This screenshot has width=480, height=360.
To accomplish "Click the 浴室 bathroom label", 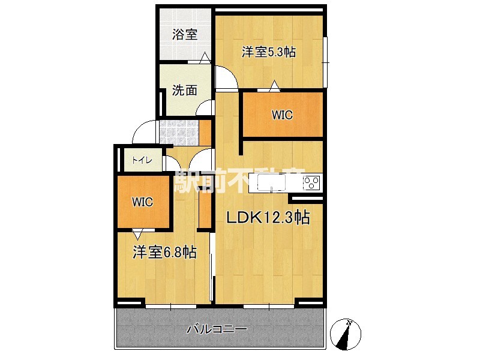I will click(x=185, y=35).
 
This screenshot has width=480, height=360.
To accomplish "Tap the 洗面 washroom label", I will click(x=185, y=91).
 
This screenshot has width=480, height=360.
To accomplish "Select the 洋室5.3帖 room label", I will click(x=268, y=52).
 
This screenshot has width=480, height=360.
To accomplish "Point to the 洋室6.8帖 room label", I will click(x=164, y=253).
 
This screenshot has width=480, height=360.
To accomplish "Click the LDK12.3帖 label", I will click(x=268, y=218).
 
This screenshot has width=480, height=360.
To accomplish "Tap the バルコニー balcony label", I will click(x=217, y=329).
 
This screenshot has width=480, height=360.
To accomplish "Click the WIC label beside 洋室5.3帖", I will click(x=282, y=115).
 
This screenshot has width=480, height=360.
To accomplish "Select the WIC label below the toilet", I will click(x=143, y=202).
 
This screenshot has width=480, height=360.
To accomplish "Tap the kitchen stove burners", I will click(x=313, y=182).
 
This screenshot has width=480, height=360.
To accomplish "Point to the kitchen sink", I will click(x=274, y=182).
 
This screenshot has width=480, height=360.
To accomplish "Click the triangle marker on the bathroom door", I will click(x=205, y=58).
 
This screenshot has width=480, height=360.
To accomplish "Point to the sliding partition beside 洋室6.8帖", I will click(x=211, y=277).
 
